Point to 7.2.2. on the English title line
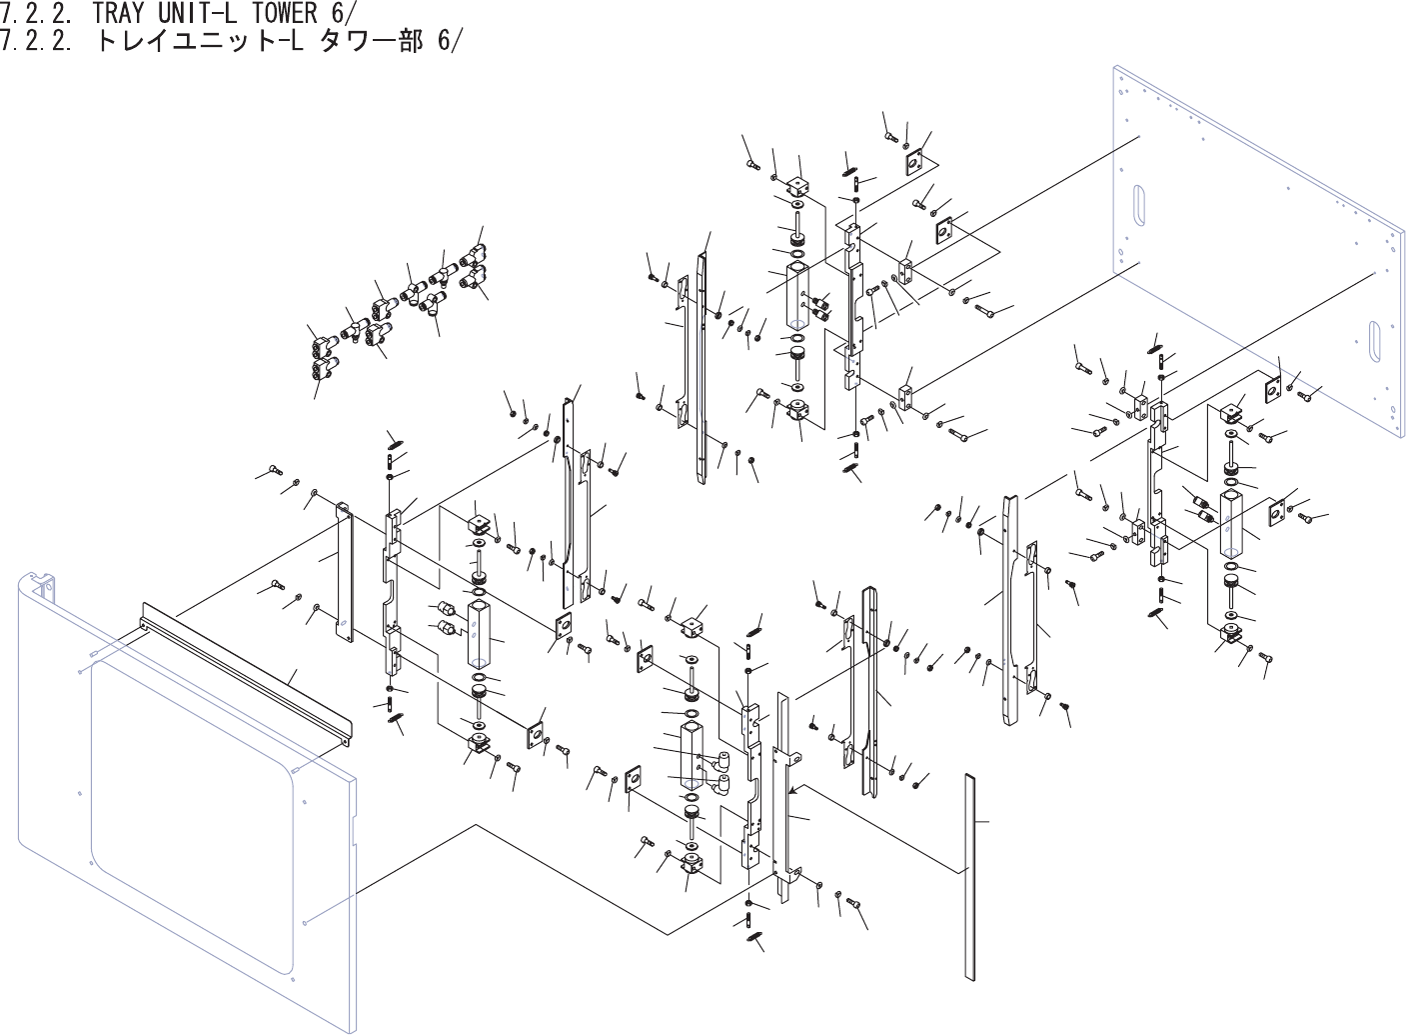tap(35, 13)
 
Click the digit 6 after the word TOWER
tap(341, 13)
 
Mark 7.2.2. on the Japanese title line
tap(35, 42)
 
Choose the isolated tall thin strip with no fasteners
tap(968, 875)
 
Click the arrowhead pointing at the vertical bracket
tap(793, 789)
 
